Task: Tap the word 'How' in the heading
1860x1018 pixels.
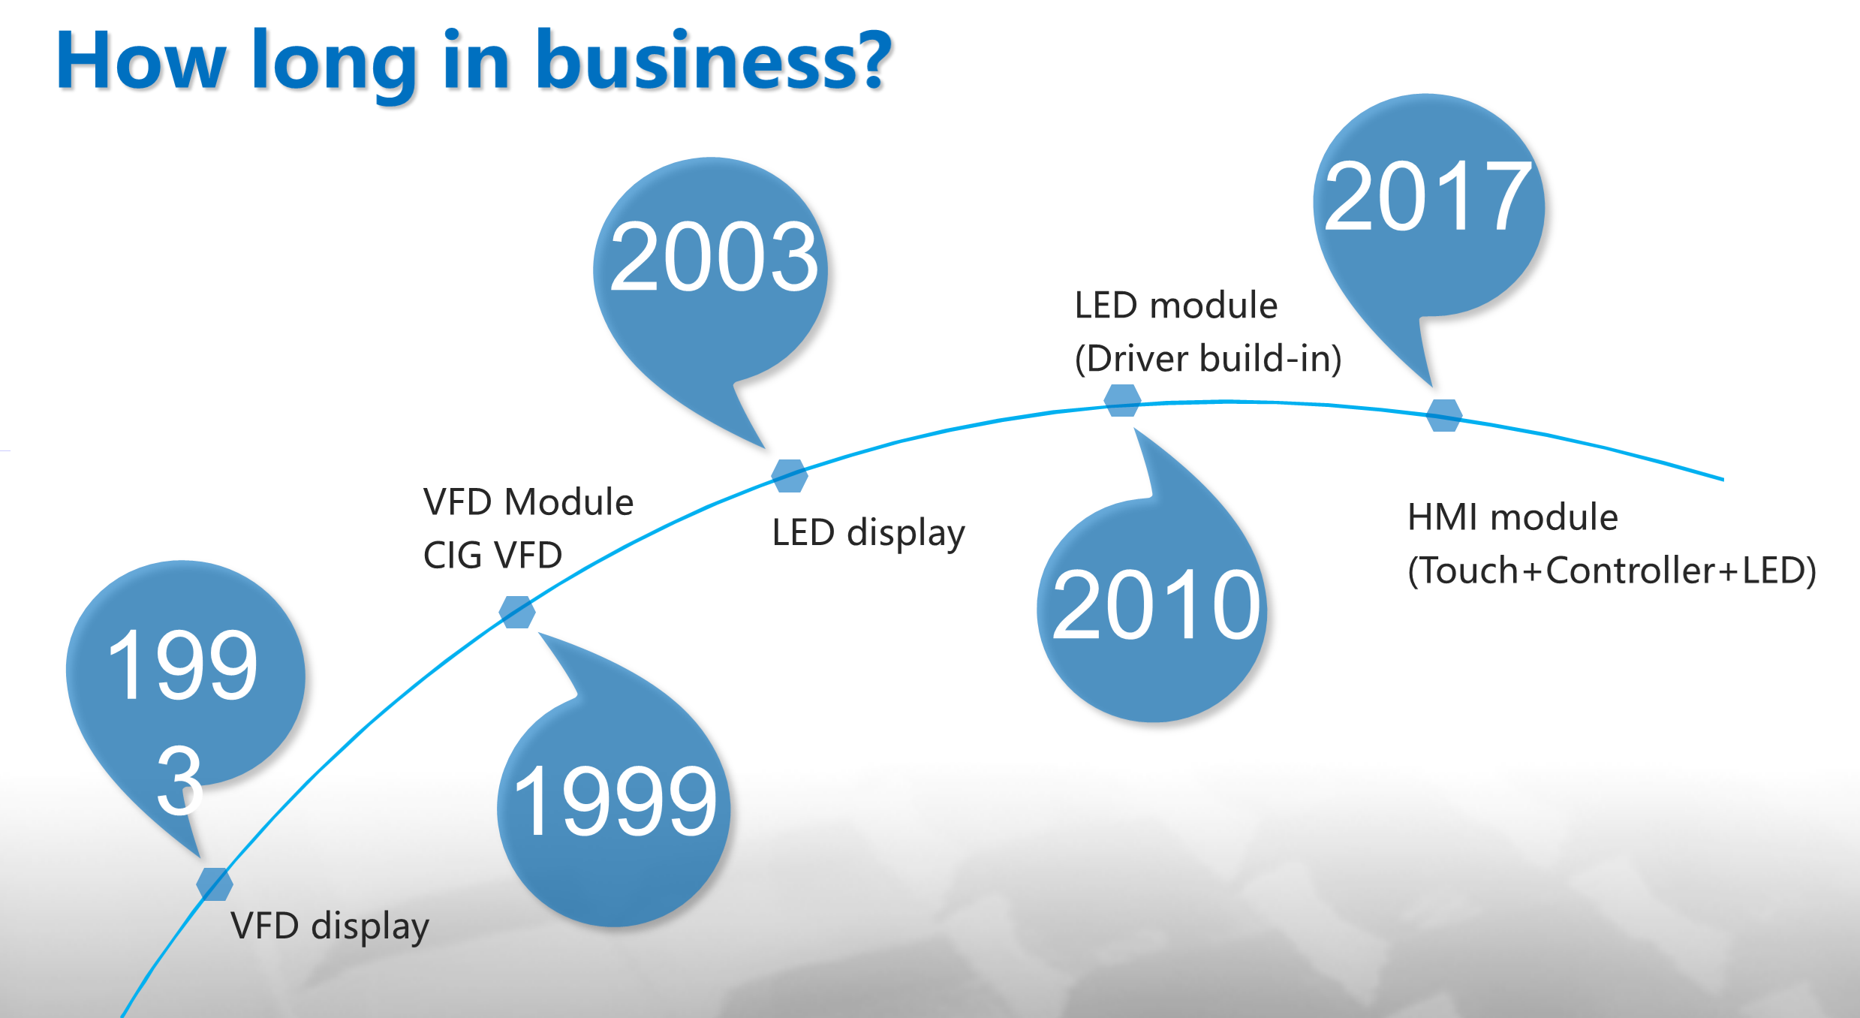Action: [x=141, y=62]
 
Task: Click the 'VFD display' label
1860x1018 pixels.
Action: [x=330, y=926]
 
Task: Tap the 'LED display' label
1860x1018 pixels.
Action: [x=868, y=533]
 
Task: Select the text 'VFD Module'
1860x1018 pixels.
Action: [x=528, y=501]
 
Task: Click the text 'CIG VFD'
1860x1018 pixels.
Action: [x=493, y=556]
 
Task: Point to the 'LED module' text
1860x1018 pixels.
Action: [x=1176, y=306]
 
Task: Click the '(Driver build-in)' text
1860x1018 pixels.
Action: [x=1208, y=359]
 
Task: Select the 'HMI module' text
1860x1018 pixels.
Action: [x=1512, y=517]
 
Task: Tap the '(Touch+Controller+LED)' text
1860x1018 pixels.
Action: [x=1612, y=571]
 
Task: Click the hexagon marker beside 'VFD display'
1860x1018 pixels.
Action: [x=215, y=884]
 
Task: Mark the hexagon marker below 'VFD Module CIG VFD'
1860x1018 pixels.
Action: [x=517, y=612]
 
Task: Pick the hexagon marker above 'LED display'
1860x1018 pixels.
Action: [x=790, y=476]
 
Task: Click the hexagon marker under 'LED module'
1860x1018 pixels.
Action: [x=1122, y=400]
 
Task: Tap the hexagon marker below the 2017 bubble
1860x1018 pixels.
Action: [x=1444, y=415]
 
